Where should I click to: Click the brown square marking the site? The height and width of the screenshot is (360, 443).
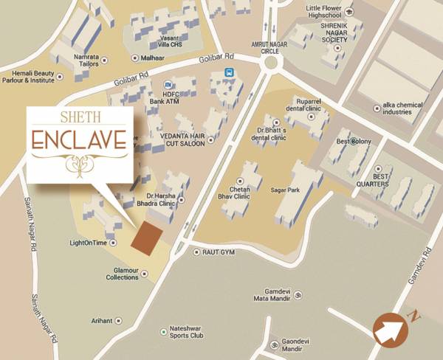pyautogui.click(x=147, y=238)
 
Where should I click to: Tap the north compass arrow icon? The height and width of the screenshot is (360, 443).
pyautogui.click(x=391, y=330)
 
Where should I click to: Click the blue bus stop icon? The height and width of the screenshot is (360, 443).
pyautogui.click(x=230, y=73)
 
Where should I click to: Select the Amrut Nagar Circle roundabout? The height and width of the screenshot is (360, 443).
pyautogui.click(x=270, y=63)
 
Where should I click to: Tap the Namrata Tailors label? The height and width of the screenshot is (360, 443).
pyautogui.click(x=86, y=60)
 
